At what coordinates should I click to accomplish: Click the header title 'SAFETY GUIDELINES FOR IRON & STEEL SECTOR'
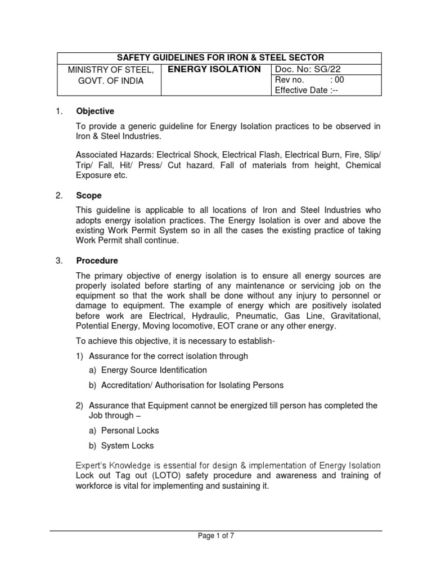220,57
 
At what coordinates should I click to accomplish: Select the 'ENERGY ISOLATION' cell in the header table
211,69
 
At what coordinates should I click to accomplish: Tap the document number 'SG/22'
328,69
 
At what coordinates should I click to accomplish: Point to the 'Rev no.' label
288,80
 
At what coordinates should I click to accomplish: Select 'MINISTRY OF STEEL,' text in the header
110,70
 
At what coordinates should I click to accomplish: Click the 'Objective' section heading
95,111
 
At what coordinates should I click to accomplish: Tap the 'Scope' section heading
89,196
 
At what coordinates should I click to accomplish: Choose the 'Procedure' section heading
97,260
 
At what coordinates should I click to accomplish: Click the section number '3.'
59,260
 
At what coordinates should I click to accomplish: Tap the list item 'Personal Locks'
130,430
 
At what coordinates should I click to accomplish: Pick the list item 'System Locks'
128,445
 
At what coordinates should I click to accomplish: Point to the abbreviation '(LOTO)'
148,475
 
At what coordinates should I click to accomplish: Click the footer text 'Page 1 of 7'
216,536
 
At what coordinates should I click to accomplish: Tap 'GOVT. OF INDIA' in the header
110,80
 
